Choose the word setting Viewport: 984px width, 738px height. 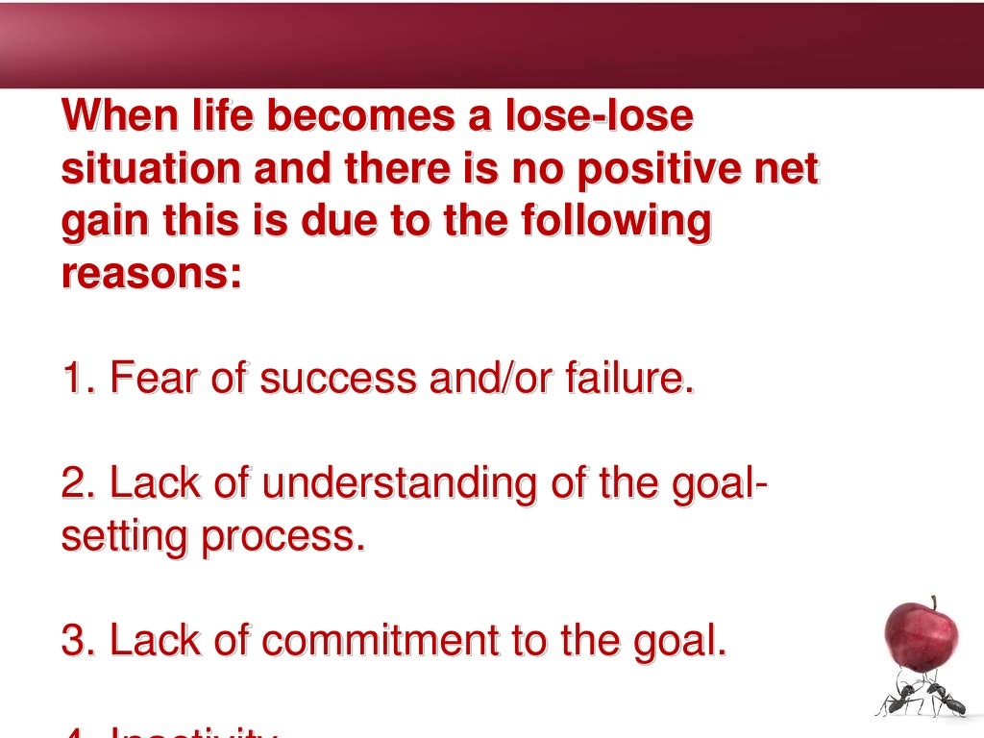coord(125,536)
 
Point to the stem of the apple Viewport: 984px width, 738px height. coord(933,602)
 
